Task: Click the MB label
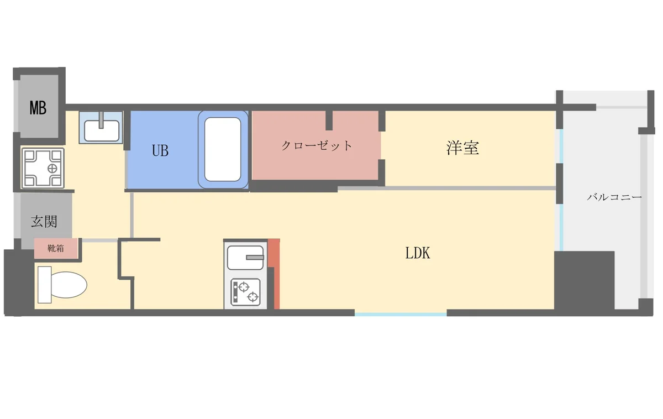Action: (38, 108)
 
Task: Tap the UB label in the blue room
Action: (160, 150)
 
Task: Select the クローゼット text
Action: (317, 145)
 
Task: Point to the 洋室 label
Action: (462, 148)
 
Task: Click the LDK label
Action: (417, 253)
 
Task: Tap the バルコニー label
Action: (614, 197)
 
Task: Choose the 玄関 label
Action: (44, 221)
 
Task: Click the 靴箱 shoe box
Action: (56, 248)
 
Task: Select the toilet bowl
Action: (69, 285)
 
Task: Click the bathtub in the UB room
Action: (223, 150)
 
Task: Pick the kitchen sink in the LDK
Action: (245, 258)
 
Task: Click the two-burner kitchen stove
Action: (245, 292)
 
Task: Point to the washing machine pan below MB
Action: (43, 168)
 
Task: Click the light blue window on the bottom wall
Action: (401, 314)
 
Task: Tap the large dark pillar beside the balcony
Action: (584, 281)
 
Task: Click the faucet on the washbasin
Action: (101, 120)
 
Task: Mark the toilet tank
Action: (45, 285)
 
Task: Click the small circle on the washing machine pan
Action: (52, 169)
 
